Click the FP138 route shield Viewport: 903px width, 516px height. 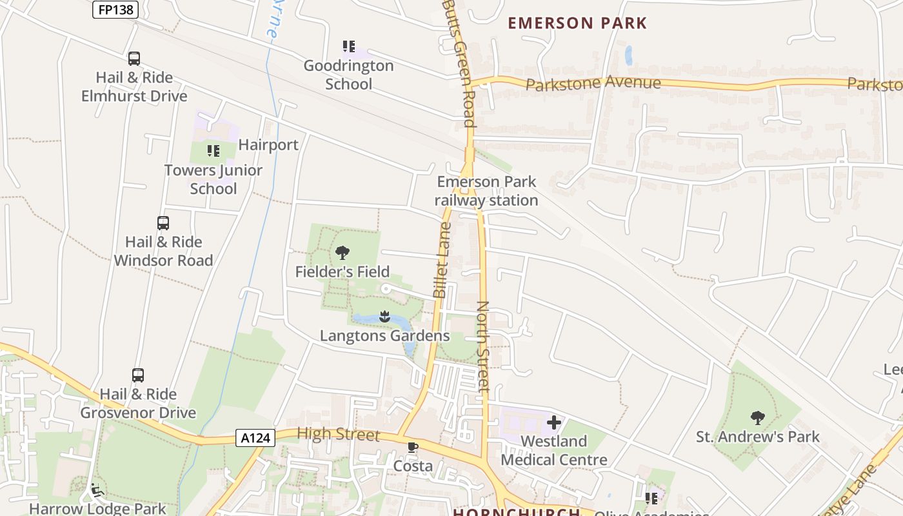[x=115, y=10]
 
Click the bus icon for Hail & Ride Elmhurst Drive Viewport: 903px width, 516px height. [x=134, y=59]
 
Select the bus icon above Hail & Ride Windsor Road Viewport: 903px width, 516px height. [x=163, y=223]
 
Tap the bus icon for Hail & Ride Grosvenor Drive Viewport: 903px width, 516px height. [x=138, y=375]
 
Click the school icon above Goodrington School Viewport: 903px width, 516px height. [x=349, y=46]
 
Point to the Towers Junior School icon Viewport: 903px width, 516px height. [x=213, y=152]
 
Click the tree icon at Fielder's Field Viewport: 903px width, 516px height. [x=342, y=253]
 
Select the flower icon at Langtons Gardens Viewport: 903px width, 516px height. [x=384, y=317]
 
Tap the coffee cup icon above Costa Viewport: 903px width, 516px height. [x=413, y=447]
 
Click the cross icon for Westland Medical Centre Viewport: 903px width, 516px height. [x=553, y=422]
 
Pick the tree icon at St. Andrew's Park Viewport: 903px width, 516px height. [x=758, y=418]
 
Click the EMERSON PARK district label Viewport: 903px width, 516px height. [x=577, y=23]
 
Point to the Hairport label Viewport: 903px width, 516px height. [x=268, y=145]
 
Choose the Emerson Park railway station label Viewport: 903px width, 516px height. [x=486, y=191]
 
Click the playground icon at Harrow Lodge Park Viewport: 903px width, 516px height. [x=97, y=490]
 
